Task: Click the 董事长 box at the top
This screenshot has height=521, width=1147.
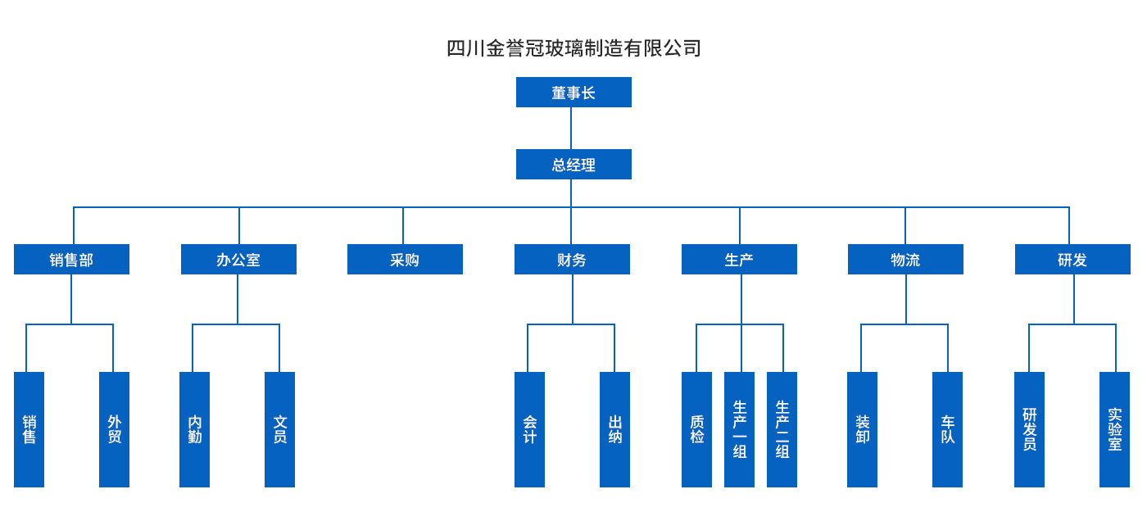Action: coord(573,93)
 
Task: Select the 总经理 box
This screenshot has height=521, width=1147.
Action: coord(573,165)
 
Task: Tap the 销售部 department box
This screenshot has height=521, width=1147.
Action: coord(71,260)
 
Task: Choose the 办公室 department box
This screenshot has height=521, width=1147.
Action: coord(238,260)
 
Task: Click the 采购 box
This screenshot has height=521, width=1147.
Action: coord(405,260)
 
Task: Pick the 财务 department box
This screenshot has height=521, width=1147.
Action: coord(572,260)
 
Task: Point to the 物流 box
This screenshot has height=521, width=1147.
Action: coord(905,260)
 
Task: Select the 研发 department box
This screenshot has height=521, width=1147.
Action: coord(1072,260)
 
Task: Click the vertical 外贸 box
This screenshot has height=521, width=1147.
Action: coord(114,429)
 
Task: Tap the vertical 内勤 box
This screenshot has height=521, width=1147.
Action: coord(194,429)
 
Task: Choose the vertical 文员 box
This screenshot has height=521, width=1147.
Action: coord(279,429)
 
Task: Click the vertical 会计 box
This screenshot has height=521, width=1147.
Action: coord(529,429)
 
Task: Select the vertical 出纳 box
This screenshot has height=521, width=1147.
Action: coord(614,429)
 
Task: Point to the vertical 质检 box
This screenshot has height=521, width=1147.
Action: coord(696,429)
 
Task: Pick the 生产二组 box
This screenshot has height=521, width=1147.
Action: coord(782,429)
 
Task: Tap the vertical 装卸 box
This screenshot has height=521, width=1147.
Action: coord(862,429)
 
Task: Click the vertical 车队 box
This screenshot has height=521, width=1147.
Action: coord(947,429)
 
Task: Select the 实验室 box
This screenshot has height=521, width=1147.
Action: coord(1114,429)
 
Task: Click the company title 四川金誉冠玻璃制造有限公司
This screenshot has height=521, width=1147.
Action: coord(573,48)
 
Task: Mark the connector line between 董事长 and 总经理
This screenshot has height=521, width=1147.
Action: coord(571,129)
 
